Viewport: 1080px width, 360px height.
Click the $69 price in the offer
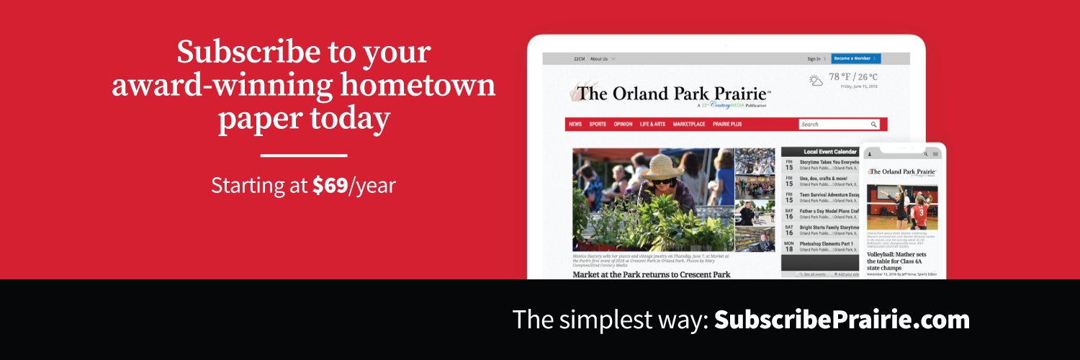[x=330, y=186]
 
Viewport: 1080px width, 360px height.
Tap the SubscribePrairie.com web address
[x=842, y=320]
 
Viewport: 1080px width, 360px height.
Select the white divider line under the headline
[x=303, y=155]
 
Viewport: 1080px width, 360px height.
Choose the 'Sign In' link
[x=815, y=58]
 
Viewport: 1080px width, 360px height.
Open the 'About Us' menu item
[x=600, y=58]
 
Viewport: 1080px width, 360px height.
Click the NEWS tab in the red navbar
[x=575, y=125]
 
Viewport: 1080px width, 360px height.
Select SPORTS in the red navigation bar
[x=598, y=125]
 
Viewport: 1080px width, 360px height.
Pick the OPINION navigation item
[x=623, y=125]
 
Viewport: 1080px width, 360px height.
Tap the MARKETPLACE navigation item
[x=689, y=125]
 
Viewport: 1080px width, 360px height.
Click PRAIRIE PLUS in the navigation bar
[x=727, y=125]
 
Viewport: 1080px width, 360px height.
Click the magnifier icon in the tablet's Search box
[x=874, y=125]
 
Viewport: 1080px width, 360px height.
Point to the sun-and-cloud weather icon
[x=816, y=80]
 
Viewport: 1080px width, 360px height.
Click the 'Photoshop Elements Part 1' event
[x=827, y=244]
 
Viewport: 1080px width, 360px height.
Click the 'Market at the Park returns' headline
[x=652, y=274]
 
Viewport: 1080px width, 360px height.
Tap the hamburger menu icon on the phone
[x=935, y=154]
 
